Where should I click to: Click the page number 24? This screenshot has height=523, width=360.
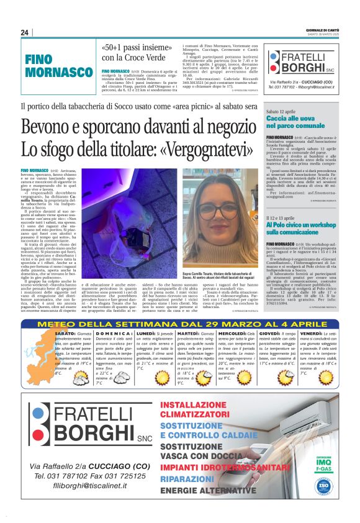click(x=24, y=32)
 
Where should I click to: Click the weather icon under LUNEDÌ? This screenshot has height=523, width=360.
click(x=161, y=376)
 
